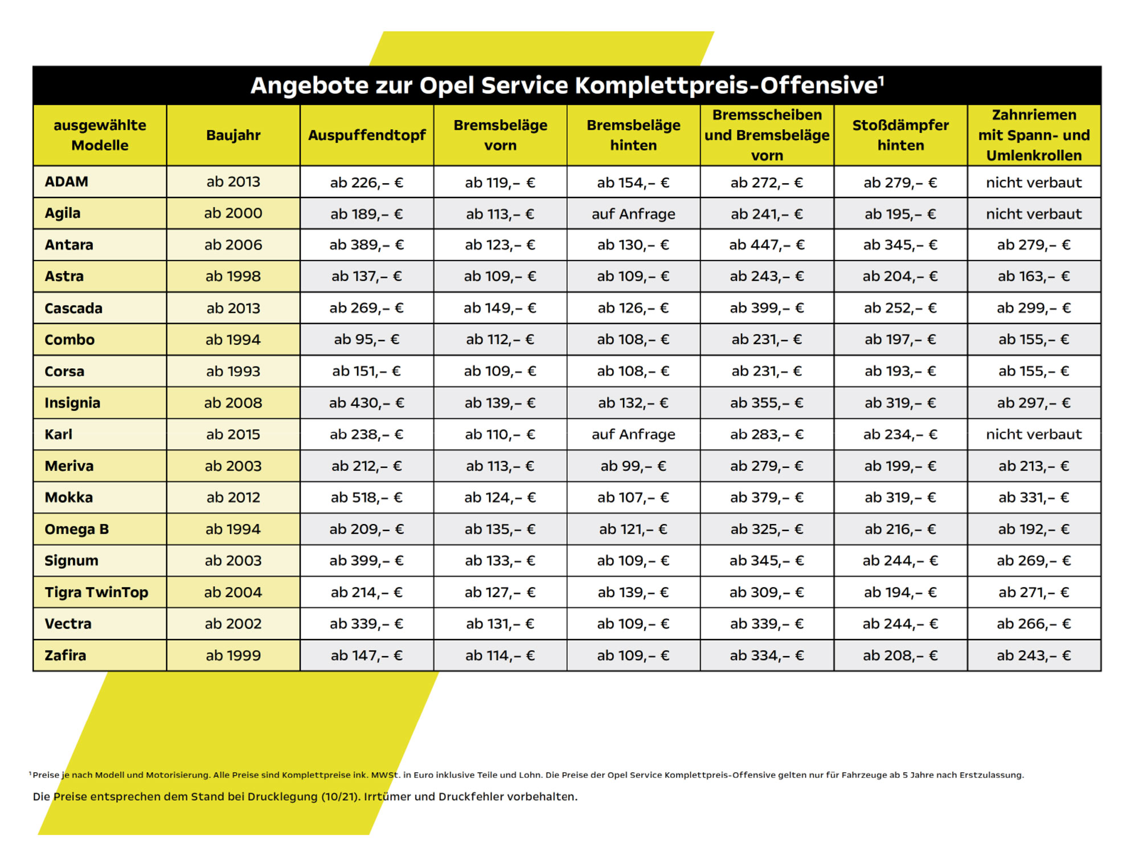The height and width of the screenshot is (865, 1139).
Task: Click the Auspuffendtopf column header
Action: [367, 135]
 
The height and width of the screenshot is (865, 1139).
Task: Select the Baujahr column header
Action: [233, 135]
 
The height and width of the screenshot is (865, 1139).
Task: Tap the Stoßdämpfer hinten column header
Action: [900, 135]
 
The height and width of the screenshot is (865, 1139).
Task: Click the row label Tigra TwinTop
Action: [96, 592]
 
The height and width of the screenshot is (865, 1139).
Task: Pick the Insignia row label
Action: [72, 403]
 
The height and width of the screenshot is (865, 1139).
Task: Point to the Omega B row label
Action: [76, 529]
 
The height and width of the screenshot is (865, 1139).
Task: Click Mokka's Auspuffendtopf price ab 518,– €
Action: [367, 498]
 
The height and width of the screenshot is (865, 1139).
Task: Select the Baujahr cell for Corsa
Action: [233, 372]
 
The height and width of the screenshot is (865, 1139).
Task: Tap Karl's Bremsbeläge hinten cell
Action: [633, 435]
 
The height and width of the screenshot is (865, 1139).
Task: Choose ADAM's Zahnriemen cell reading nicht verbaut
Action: [1034, 183]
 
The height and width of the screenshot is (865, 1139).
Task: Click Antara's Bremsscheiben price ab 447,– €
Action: [767, 245]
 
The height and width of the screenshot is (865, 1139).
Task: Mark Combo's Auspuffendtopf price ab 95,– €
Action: [367, 340]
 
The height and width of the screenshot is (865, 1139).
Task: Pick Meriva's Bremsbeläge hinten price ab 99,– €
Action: [633, 466]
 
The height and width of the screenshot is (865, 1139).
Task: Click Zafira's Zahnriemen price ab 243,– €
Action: [1034, 656]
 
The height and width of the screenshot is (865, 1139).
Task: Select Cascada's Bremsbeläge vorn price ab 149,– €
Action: [500, 308]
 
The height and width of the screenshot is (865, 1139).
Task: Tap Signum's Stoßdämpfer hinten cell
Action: [900, 561]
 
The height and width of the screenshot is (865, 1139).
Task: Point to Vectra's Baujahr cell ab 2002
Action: [233, 624]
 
